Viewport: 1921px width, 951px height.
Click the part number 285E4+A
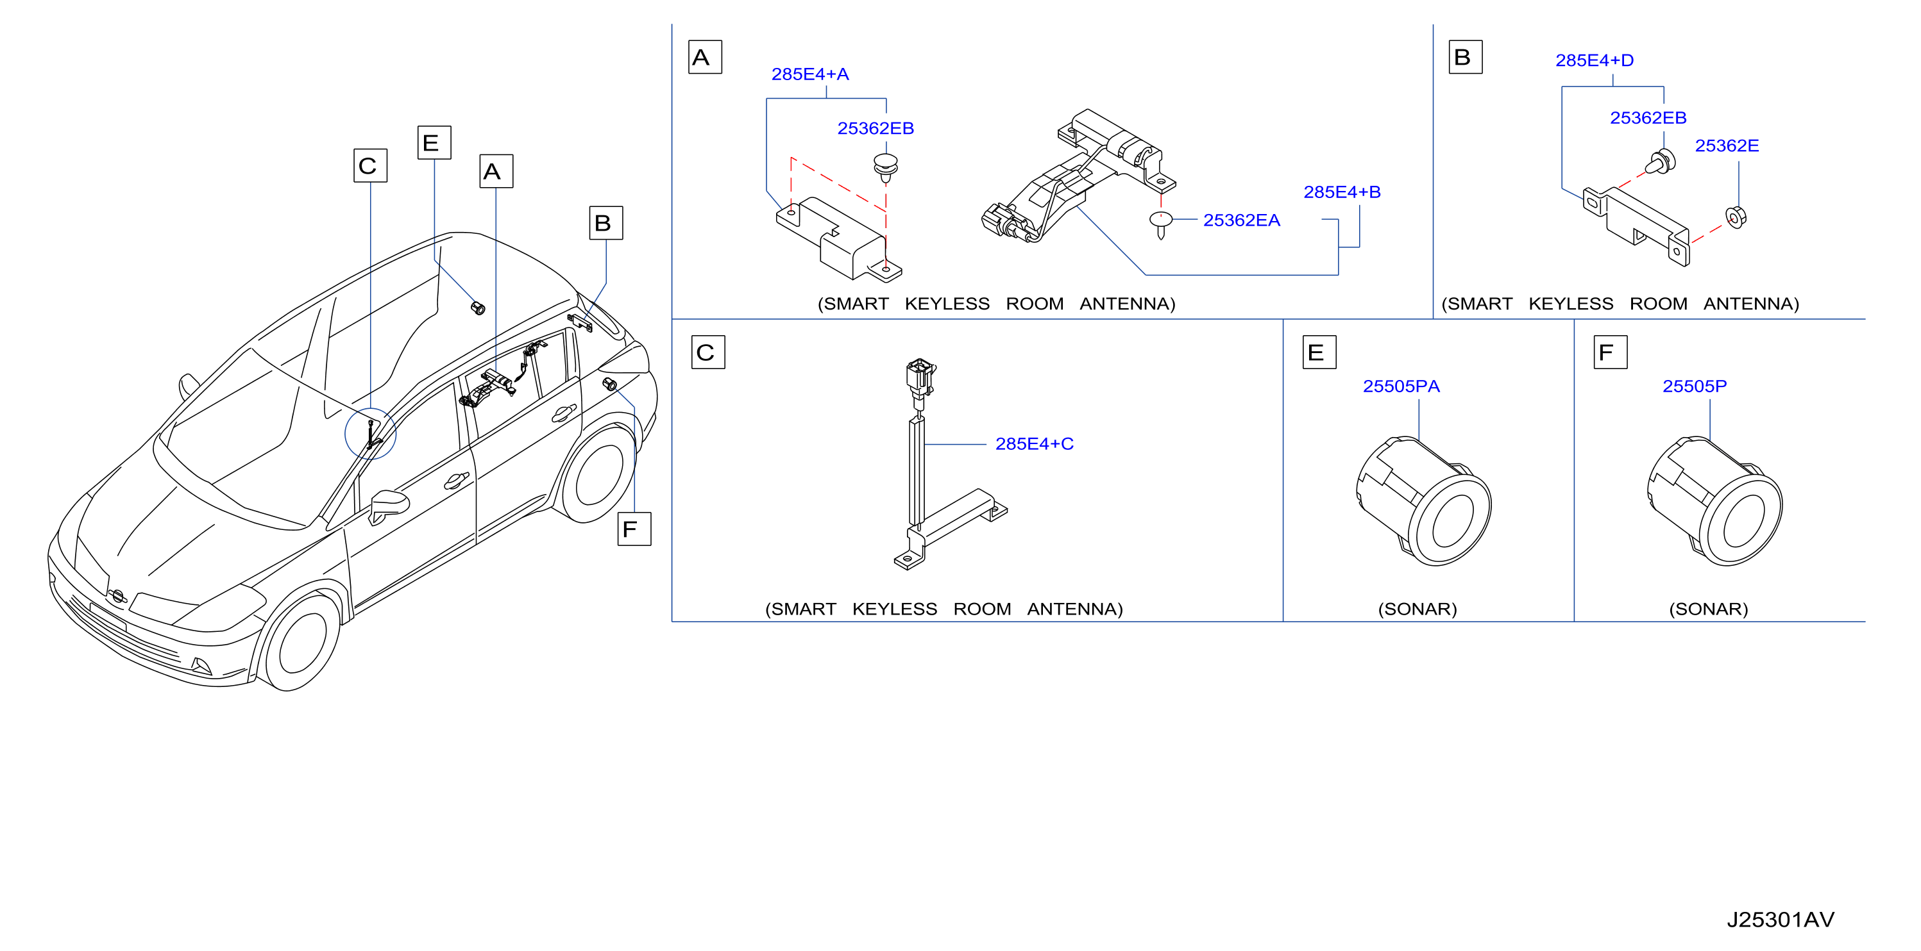[810, 74]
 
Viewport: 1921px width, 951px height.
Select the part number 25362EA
[1242, 220]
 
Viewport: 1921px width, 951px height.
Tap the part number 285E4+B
[1342, 192]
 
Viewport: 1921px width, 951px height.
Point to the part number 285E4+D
[1595, 60]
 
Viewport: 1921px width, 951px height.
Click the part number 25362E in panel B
[1727, 146]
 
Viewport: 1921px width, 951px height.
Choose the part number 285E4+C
[1035, 444]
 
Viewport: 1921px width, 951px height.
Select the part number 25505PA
[1401, 386]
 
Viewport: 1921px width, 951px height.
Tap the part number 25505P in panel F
[1695, 386]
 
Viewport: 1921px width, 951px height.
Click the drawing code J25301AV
[1780, 920]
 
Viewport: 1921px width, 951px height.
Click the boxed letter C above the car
[371, 165]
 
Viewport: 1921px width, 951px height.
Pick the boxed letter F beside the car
[634, 529]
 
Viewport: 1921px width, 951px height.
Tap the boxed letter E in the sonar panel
[1319, 352]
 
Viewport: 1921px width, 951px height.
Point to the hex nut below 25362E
[1736, 217]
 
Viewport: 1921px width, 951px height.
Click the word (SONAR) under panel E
[1417, 609]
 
